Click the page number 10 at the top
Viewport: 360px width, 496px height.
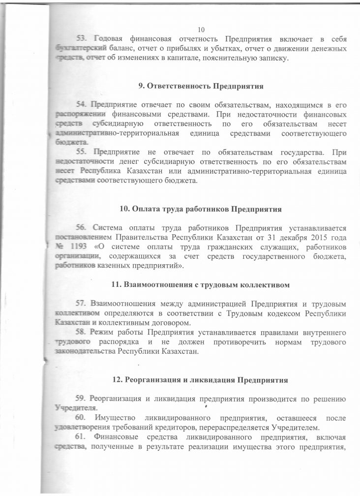[x=200, y=29]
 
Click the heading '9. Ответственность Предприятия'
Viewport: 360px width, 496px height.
[x=201, y=86]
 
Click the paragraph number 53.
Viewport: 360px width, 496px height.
[x=81, y=38]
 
